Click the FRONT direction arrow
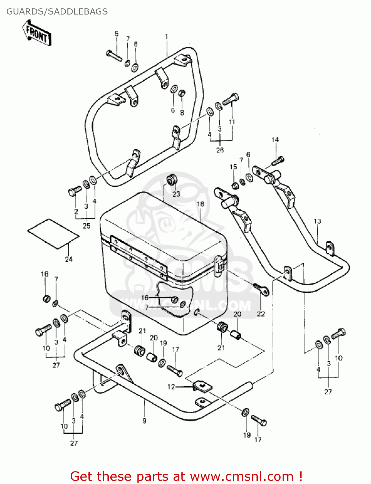37,33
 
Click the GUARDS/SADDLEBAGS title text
57,12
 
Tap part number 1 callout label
166,36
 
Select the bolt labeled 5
114,55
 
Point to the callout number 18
200,204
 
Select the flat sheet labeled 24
53,234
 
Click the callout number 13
317,221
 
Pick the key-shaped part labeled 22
261,289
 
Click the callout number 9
144,420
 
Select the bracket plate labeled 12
202,386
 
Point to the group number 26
220,150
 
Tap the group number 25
86,226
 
